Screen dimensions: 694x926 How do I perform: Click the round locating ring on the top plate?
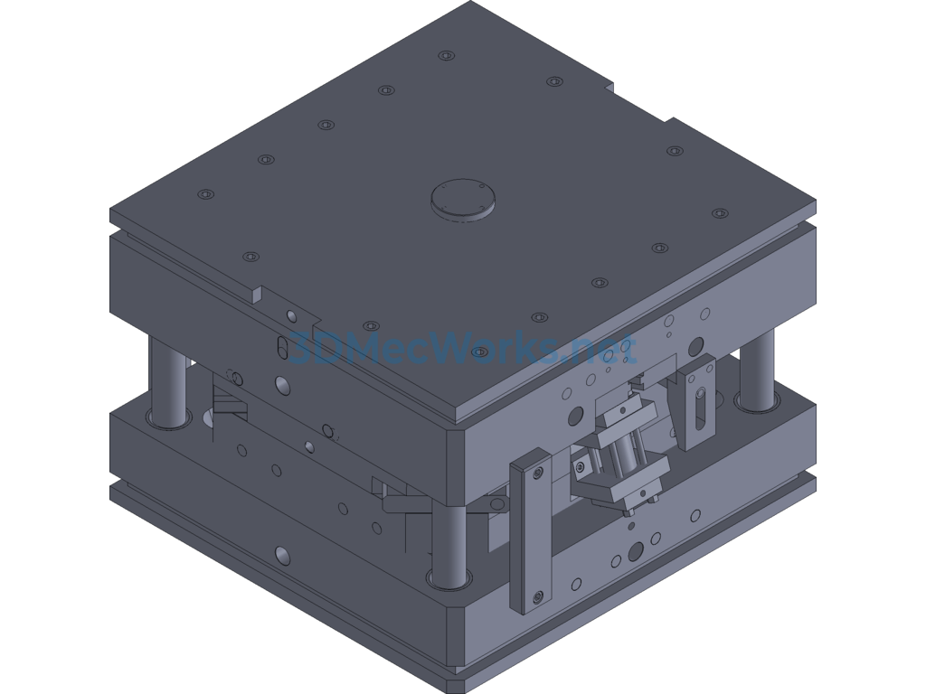click(463, 198)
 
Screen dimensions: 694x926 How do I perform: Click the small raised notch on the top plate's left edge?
click(257, 294)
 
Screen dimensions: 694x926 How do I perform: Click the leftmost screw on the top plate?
click(205, 194)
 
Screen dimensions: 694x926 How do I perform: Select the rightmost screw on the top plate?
click(719, 213)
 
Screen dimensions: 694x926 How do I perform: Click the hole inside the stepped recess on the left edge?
click(289, 315)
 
